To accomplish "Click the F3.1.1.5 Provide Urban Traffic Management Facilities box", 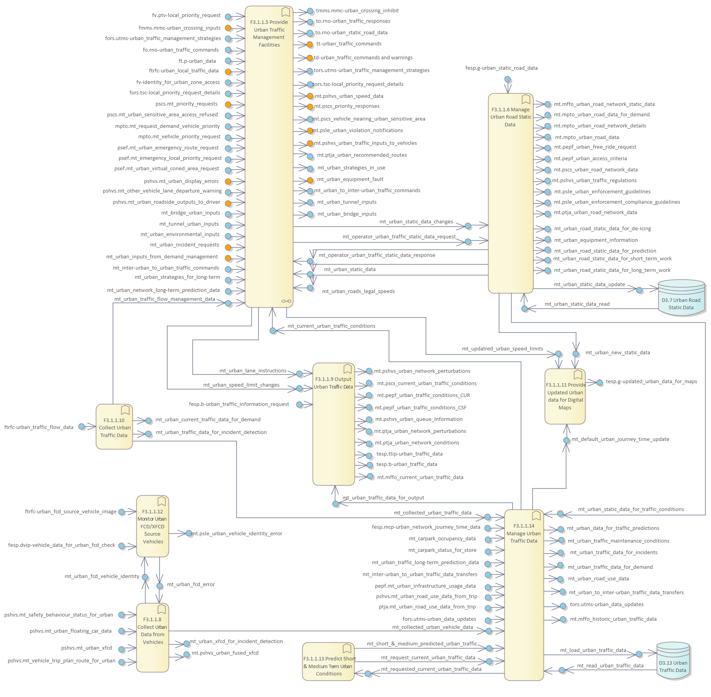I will pyautogui.click(x=269, y=154).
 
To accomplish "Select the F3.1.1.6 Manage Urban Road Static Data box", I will pyautogui.click(x=510, y=193).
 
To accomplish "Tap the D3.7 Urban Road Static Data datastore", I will pyautogui.click(x=681, y=298).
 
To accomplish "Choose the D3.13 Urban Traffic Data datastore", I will pyautogui.click(x=673, y=661).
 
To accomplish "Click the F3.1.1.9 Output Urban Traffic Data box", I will pyautogui.click(x=333, y=424).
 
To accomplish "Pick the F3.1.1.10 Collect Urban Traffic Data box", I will pyautogui.click(x=114, y=427).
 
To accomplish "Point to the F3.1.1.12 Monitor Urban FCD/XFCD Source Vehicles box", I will pyautogui.click(x=152, y=526).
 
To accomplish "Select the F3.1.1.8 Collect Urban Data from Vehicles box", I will pyautogui.click(x=152, y=637).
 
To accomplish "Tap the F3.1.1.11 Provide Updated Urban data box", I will pyautogui.click(x=565, y=397).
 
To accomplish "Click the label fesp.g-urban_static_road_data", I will pyautogui.click(x=501, y=68).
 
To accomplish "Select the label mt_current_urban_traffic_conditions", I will pyautogui.click(x=331, y=326).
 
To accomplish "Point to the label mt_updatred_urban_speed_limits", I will pyautogui.click(x=502, y=349).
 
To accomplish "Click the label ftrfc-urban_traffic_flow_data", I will pyautogui.click(x=39, y=427).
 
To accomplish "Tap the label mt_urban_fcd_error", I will pyautogui.click(x=191, y=585).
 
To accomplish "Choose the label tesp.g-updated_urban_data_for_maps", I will pyautogui.click(x=651, y=382).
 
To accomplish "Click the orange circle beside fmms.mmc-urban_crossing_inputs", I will pyautogui.click(x=228, y=28).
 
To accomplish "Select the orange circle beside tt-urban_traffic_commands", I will pyautogui.click(x=310, y=44).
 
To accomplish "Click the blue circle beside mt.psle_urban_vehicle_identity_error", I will pyautogui.click(x=189, y=533).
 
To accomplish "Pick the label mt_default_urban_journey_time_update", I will pyautogui.click(x=620, y=439).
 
